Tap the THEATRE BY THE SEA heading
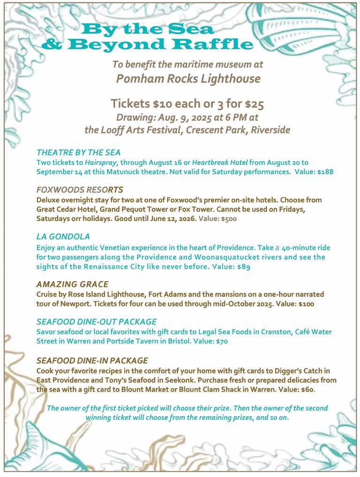tap(78, 152)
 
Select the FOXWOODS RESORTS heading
tap(80, 189)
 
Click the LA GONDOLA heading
tap(63, 236)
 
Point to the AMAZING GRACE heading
tap(72, 284)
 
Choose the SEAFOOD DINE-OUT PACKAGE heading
tap(97, 322)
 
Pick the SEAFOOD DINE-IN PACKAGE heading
tap(92, 360)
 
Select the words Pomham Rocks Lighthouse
tap(188, 78)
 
